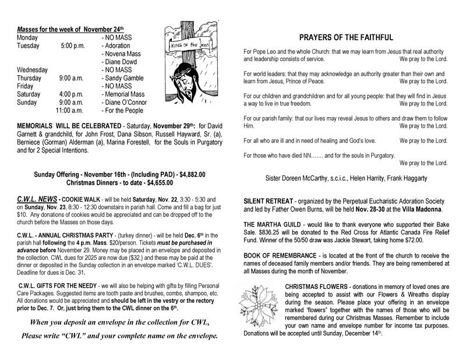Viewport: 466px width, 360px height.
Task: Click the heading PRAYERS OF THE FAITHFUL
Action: point(345,37)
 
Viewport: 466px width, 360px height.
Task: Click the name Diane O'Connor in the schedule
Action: point(126,102)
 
